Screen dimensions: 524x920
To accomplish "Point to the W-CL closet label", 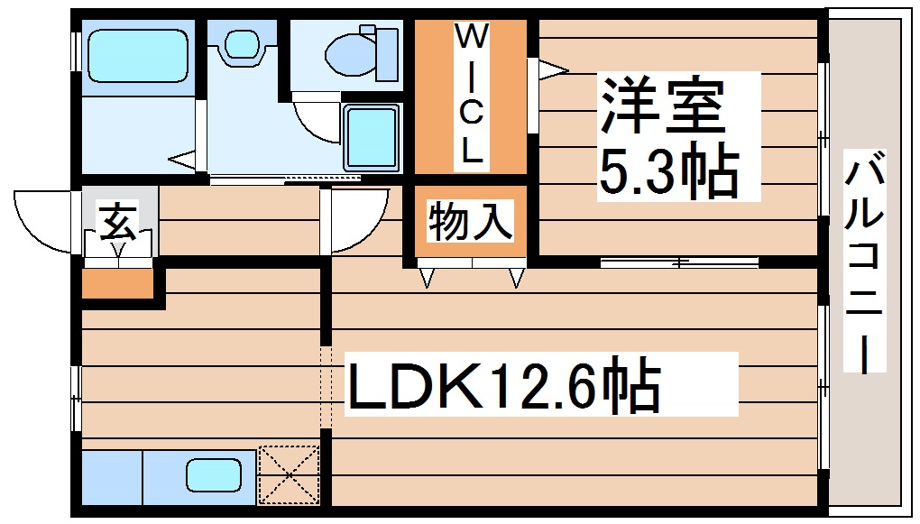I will (471, 95).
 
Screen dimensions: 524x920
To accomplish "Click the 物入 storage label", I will (471, 222).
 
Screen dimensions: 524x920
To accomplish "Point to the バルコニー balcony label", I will (865, 262).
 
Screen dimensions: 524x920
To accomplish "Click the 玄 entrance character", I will (118, 221).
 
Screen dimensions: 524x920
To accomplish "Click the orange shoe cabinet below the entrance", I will (117, 283).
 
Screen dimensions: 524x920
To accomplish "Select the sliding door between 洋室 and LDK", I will (678, 262).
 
